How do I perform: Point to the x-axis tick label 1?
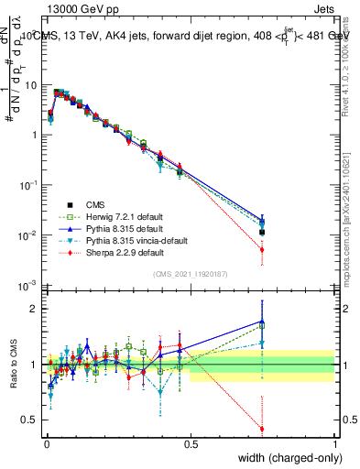coord(334,443)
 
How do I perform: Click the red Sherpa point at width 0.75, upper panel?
coord(262,249)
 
